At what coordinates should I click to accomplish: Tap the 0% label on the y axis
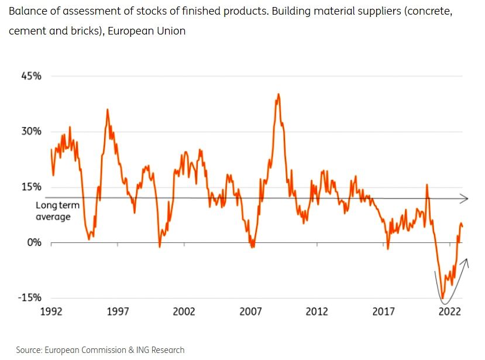35,242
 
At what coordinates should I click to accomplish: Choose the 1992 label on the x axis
51,312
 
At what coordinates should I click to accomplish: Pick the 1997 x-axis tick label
117,312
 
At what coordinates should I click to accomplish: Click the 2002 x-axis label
184,312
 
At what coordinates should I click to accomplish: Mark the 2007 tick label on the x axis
250,312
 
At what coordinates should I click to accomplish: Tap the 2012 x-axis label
317,312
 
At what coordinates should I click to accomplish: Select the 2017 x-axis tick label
384,312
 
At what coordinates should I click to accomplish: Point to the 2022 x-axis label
450,312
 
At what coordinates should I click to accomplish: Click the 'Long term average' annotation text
53,211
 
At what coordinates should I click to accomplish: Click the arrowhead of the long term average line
465,198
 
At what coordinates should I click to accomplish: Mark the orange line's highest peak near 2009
278,94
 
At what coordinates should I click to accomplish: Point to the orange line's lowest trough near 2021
443,297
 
